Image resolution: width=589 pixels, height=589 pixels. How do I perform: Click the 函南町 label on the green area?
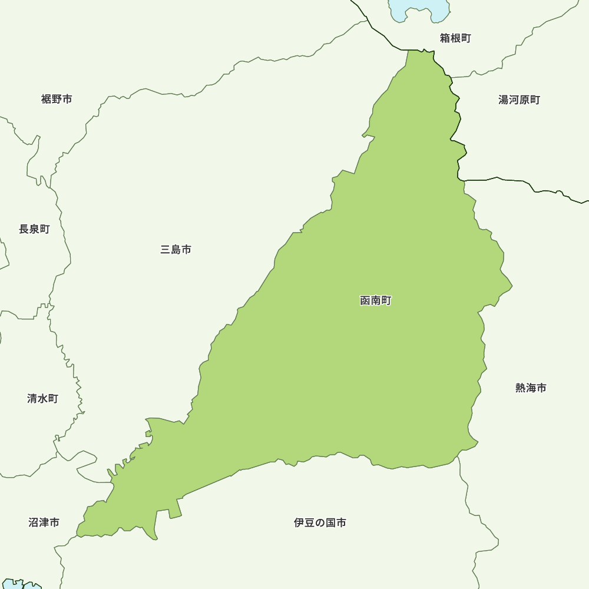pos(375,300)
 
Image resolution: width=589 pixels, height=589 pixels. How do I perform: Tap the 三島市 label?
pos(176,250)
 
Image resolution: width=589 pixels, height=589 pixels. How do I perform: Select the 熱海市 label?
pos(531,388)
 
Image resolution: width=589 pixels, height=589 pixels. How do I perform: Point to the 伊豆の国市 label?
pos(320,522)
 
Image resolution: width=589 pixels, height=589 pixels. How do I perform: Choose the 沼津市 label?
pos(44,522)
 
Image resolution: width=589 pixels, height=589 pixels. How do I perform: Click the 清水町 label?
pos(42,399)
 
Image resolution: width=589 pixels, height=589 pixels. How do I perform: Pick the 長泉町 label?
pos(34,229)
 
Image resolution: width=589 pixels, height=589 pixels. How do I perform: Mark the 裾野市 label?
pos(57,99)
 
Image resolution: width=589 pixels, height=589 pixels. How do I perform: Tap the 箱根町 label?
pos(455,38)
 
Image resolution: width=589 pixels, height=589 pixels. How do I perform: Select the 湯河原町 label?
pos(519,100)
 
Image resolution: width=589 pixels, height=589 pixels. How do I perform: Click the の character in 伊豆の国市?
pos(320,522)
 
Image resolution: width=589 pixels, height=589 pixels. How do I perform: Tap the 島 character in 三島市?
pos(176,250)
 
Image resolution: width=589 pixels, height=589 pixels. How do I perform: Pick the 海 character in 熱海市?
pos(531,388)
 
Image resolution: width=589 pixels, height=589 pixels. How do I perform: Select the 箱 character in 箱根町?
pos(445,38)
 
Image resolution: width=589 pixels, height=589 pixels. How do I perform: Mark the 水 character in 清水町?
pos(42,399)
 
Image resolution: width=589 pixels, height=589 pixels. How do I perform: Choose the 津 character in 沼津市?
pos(44,522)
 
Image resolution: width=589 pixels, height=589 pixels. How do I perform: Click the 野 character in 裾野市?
pos(57,99)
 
